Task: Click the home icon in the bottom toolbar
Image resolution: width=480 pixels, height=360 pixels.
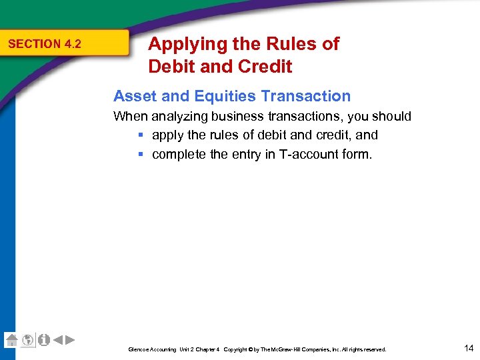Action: [x=11, y=340]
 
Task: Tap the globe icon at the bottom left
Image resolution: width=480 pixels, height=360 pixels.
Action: [x=27, y=340]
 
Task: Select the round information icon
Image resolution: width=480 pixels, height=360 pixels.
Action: [x=43, y=340]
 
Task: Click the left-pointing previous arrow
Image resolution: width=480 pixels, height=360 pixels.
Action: [x=58, y=340]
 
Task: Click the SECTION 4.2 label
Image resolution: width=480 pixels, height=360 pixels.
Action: [x=45, y=44]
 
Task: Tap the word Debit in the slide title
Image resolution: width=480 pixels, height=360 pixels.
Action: [x=169, y=67]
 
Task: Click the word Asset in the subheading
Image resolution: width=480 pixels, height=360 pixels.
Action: [x=133, y=96]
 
